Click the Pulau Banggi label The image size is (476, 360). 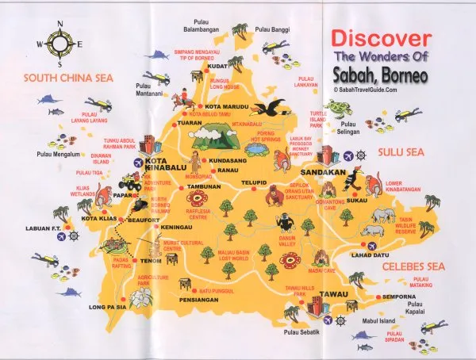(x=273, y=29)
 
